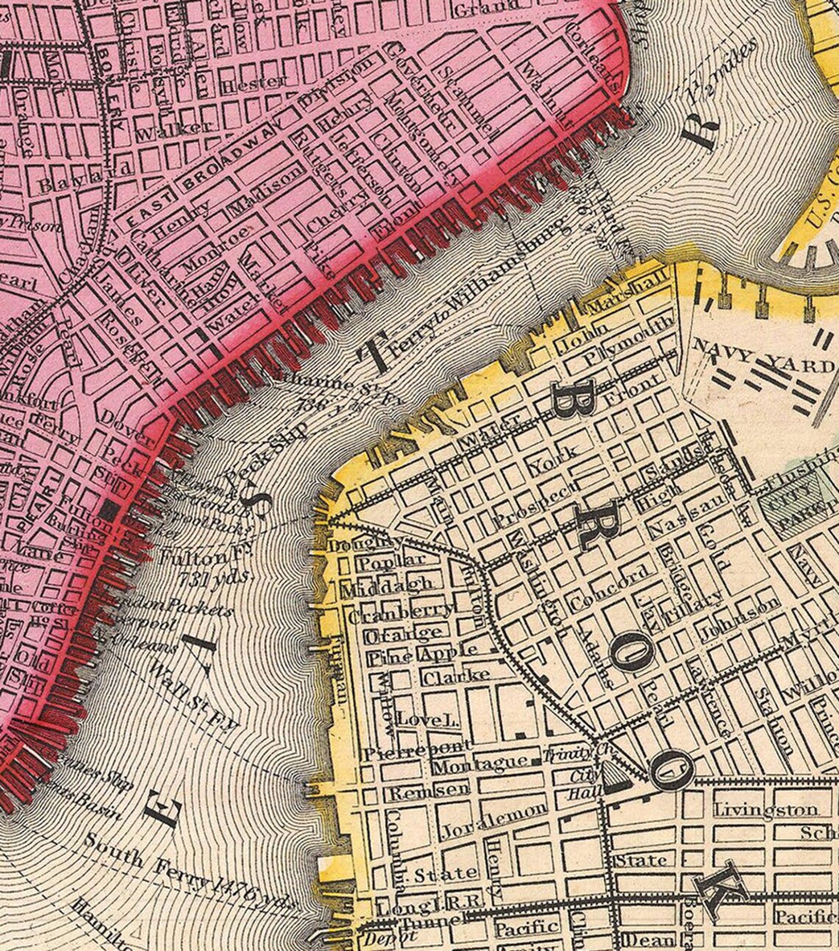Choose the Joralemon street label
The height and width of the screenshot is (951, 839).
[495, 819]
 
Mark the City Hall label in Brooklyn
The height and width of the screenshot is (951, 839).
[586, 785]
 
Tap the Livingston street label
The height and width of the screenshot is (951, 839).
[765, 810]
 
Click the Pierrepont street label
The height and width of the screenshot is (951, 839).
[397, 754]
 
